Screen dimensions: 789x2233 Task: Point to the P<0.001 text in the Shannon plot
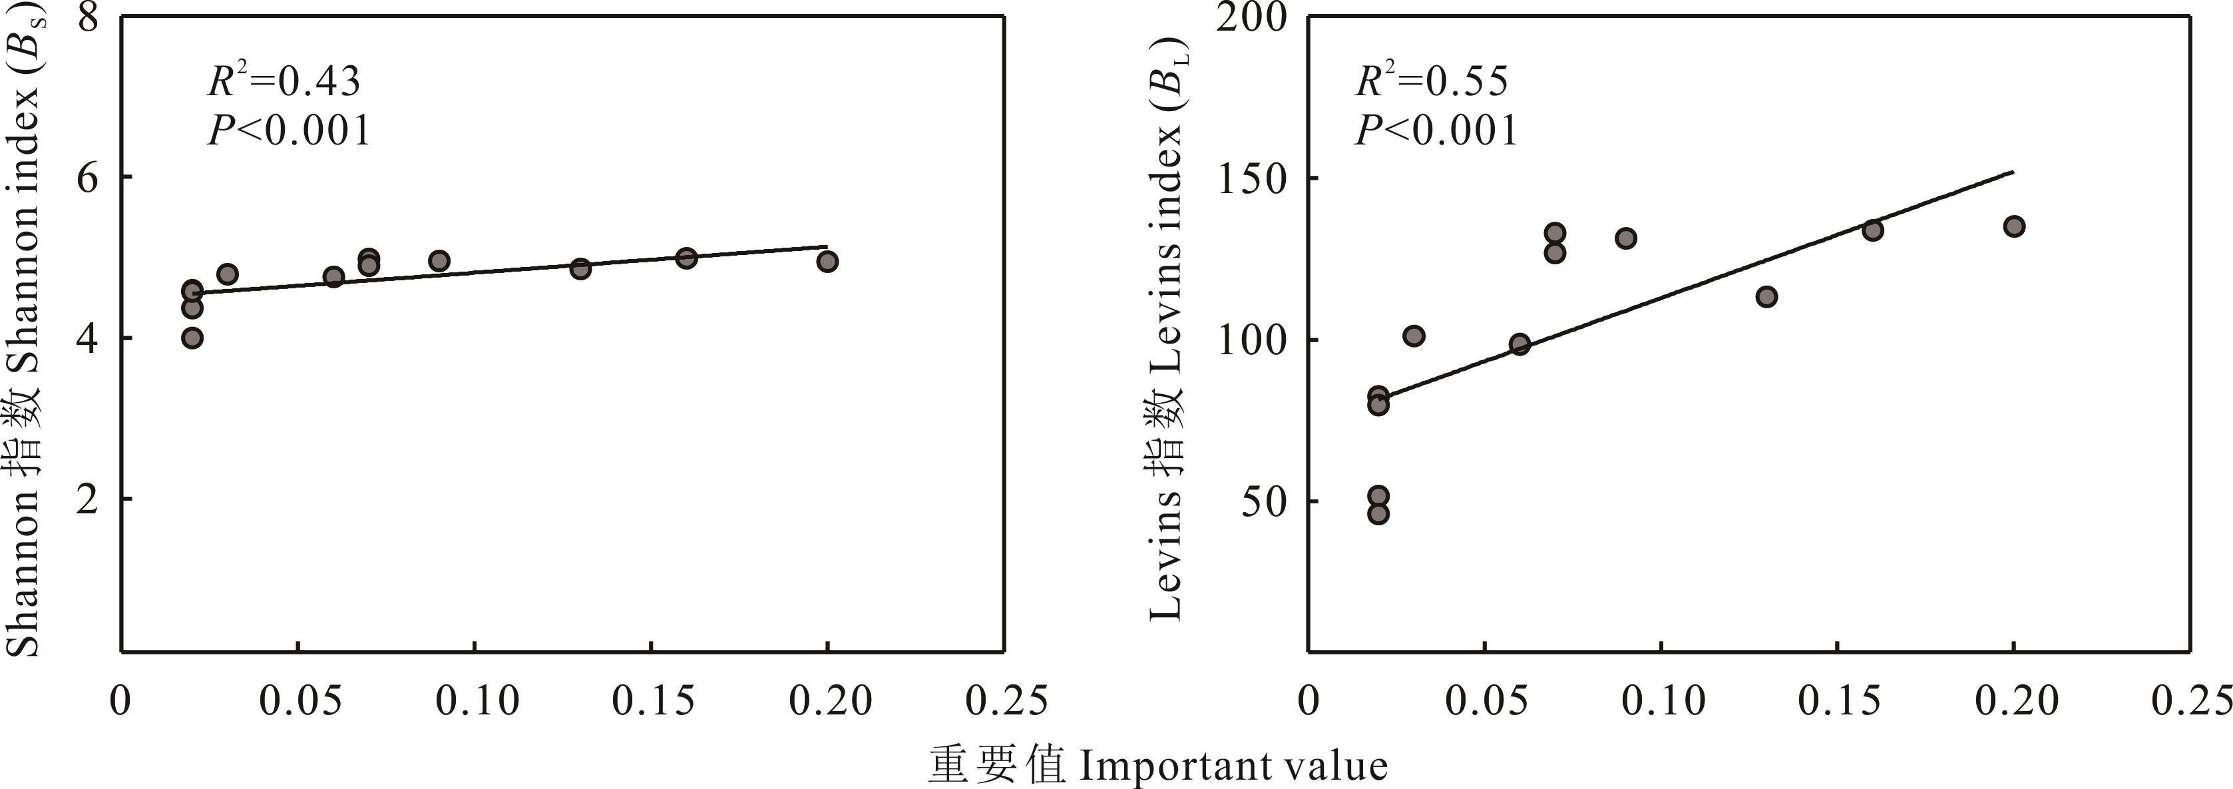click(289, 131)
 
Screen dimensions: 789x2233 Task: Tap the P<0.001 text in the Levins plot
click(1436, 131)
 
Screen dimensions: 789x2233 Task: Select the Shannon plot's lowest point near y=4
click(192, 338)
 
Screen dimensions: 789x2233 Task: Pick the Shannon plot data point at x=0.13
click(581, 268)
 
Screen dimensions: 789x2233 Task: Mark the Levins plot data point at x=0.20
click(2013, 226)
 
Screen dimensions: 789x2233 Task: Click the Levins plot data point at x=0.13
click(1766, 296)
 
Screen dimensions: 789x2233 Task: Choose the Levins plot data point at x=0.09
click(1625, 238)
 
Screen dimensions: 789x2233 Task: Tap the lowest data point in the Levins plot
click(1378, 513)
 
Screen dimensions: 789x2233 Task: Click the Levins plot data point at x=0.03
click(1414, 336)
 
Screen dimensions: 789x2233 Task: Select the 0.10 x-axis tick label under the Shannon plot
click(476, 700)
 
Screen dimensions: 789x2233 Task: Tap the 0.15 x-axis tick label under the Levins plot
click(1838, 700)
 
